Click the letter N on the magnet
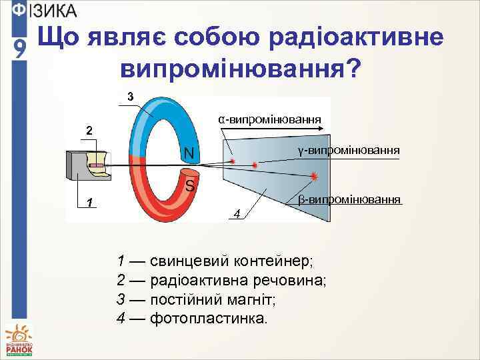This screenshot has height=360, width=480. [190, 154]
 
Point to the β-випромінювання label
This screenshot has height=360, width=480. [349, 199]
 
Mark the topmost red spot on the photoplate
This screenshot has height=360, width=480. [233, 161]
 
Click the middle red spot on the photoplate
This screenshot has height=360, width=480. [255, 164]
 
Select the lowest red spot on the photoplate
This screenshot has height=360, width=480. [314, 175]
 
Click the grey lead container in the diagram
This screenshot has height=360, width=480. [77, 165]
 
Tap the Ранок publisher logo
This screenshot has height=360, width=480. [19, 340]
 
